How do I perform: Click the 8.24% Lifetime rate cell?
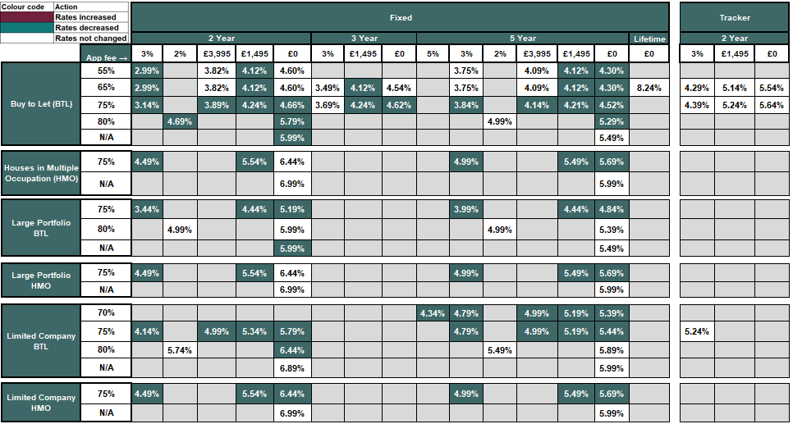coord(649,88)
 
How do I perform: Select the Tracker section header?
coord(734,17)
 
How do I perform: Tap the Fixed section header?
coord(401,17)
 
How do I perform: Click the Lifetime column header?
coord(649,39)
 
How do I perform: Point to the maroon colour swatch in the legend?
coord(27,16)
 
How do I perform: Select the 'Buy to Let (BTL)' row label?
coord(43,104)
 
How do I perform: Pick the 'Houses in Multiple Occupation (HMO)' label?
coord(43,173)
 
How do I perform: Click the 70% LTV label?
coord(106,313)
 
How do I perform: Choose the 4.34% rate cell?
coord(433,313)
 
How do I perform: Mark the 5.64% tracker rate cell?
coord(772,105)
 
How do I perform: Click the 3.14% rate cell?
coord(147,105)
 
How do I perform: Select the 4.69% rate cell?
coord(180,121)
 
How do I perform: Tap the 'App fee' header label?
coord(106,57)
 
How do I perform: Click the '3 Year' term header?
coord(364,39)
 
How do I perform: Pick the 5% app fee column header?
coord(433,54)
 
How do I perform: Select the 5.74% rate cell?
coord(180,350)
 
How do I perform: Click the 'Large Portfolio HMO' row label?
coord(43,280)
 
